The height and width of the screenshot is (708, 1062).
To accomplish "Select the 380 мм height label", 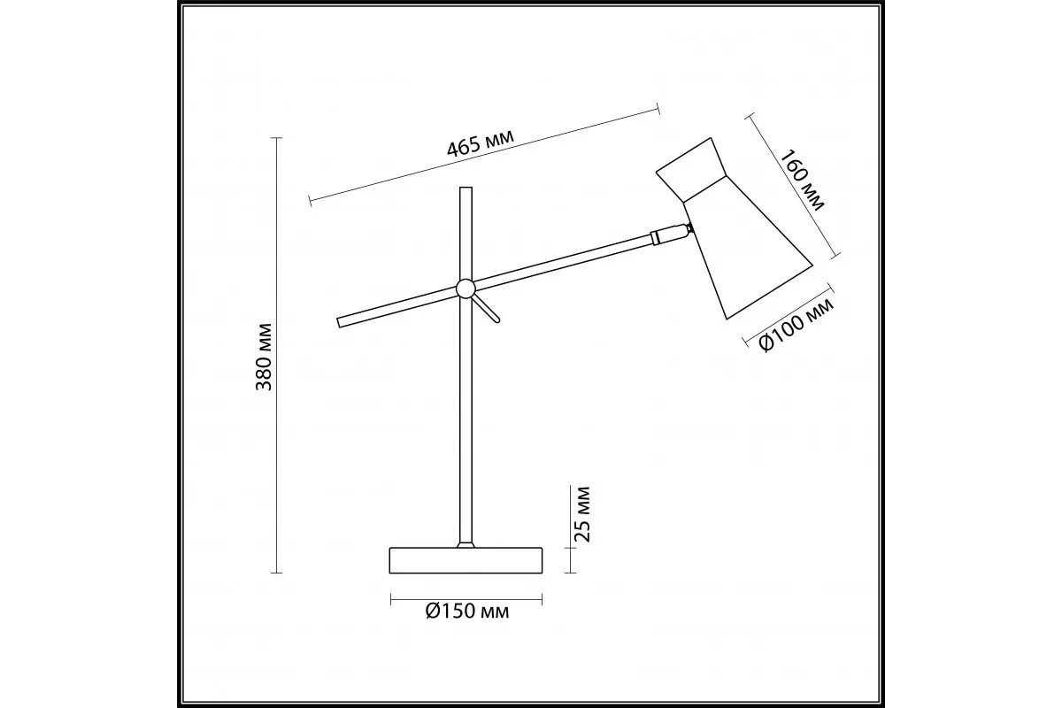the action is click(x=264, y=357).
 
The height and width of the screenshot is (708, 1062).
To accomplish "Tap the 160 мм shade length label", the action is click(x=802, y=180).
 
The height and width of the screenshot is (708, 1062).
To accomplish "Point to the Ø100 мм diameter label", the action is click(x=796, y=326).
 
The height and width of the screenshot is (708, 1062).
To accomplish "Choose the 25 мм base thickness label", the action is click(x=581, y=514).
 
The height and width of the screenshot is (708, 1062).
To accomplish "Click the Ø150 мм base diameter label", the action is click(x=467, y=612).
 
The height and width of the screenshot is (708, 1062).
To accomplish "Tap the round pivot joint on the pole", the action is click(x=466, y=289).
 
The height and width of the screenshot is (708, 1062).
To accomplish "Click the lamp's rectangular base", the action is click(x=466, y=560).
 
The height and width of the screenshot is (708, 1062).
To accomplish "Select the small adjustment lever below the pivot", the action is click(x=487, y=309).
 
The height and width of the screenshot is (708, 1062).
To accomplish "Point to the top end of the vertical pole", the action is click(x=466, y=188).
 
